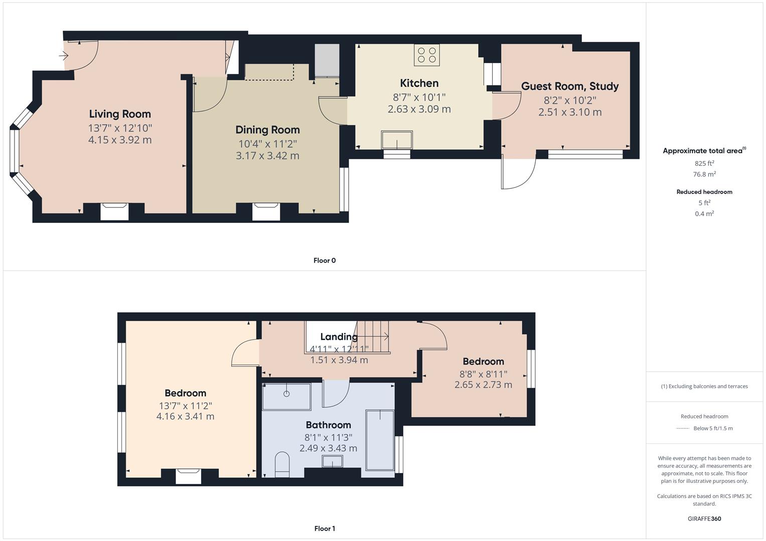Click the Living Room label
pos(120,114)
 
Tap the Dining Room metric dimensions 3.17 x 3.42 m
pos(267,156)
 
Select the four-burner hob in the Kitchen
pos(426,55)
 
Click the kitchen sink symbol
pos(397,140)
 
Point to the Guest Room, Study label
pos(570,86)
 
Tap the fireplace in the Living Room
pos(115,211)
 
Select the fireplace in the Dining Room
pos(265,211)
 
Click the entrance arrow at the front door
pos(64,56)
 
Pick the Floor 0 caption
pos(325,260)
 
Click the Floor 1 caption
pos(325,528)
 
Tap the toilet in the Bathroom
pos(282,464)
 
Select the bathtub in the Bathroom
pos(380,440)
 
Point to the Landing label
pos(339,337)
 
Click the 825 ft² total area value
pos(704,163)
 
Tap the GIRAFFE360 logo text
pos(704,519)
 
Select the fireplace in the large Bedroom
pos(189,475)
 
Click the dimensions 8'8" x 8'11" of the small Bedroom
pos(483,374)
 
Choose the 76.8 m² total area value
pos(704,174)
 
